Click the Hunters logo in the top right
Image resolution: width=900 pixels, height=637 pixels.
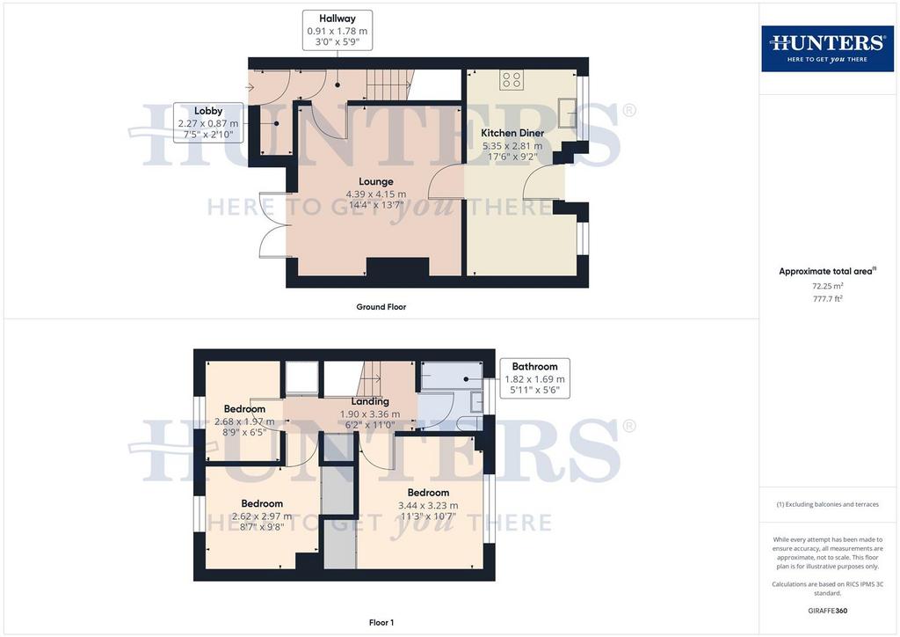point(828,48)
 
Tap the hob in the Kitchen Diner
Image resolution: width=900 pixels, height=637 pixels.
point(511,80)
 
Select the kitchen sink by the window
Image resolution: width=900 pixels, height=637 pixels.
point(568,113)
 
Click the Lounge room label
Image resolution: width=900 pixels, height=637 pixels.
point(376,181)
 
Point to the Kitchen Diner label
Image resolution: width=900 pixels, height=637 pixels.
point(512,133)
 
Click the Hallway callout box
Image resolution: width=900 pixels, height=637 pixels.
point(337,30)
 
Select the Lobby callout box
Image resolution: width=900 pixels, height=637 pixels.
point(207,122)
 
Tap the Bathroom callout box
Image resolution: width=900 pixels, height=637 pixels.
point(534,378)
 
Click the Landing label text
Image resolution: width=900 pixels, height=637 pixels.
point(370,401)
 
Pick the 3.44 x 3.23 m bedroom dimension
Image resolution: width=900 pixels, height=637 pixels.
point(428,505)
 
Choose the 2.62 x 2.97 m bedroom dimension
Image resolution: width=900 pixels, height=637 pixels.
point(262,516)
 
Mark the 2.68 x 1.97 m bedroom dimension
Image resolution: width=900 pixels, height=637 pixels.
point(244,421)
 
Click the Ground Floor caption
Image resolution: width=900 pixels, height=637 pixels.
point(381,307)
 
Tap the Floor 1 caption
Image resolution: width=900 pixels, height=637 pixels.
point(381,623)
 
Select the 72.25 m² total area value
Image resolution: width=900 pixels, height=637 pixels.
point(828,285)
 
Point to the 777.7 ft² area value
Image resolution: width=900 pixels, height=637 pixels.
point(828,298)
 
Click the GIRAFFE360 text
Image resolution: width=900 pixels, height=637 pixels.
point(828,611)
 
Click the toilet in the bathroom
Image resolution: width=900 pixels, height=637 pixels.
point(472,424)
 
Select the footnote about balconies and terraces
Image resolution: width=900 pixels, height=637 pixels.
point(828,504)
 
